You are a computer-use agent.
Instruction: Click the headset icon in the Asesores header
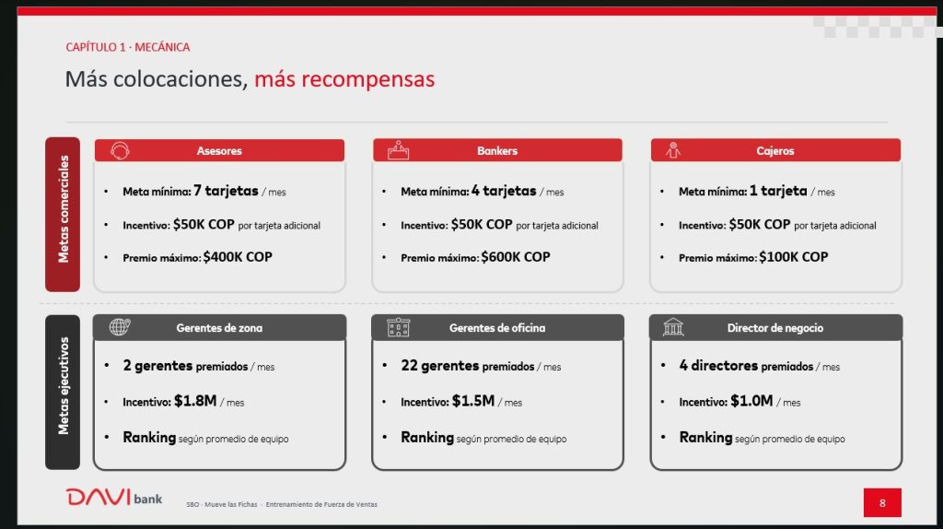tap(120, 150)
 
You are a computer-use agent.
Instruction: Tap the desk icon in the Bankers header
tap(398, 150)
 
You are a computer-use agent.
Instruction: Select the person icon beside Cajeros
tap(673, 150)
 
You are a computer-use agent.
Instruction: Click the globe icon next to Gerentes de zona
tap(120, 327)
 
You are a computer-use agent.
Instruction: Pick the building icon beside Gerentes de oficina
tap(398, 327)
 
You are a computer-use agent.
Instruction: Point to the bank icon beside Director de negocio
tap(673, 327)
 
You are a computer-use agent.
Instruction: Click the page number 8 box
tap(882, 502)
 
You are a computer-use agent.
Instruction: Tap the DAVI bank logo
tap(113, 497)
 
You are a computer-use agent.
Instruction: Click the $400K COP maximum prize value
tap(238, 257)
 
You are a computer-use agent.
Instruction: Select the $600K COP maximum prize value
tap(516, 257)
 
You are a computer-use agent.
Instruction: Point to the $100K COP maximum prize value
tap(793, 257)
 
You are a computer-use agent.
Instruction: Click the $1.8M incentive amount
tap(195, 401)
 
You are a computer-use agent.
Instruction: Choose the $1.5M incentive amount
tap(472, 401)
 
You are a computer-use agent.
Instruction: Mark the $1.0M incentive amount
tap(751, 401)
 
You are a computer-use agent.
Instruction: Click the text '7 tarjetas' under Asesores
tap(227, 191)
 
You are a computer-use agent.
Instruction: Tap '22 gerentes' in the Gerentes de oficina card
tap(440, 365)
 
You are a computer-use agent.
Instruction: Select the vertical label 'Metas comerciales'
tap(64, 209)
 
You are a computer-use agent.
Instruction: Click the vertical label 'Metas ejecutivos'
tap(64, 386)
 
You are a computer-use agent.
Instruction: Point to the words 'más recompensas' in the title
tap(344, 79)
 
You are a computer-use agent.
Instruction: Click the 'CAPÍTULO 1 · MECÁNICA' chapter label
tap(127, 47)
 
